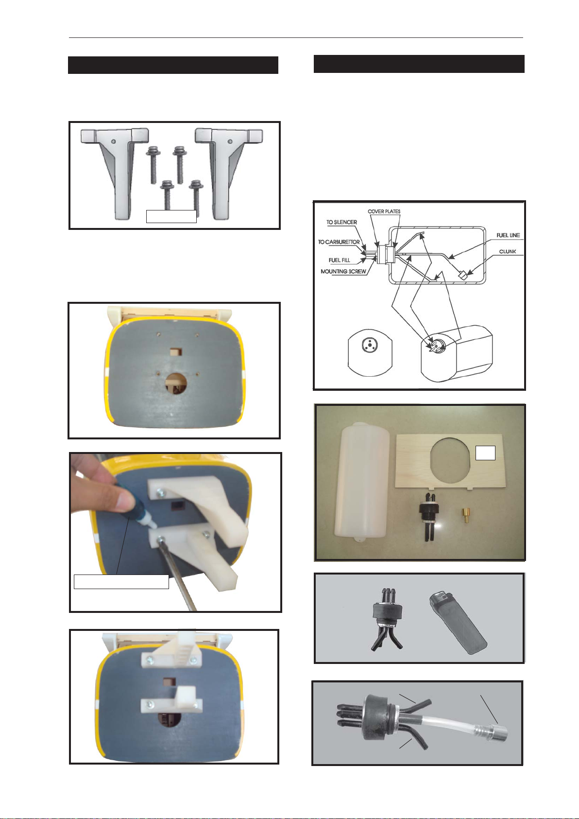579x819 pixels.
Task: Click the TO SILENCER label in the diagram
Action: (341, 222)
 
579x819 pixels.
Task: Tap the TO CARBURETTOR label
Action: (339, 242)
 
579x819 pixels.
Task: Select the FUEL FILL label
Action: (340, 261)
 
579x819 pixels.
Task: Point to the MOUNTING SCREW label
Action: (343, 271)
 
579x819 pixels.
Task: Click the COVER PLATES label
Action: (384, 211)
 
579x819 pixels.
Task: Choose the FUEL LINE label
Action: (508, 235)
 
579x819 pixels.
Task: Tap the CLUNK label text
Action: (508, 252)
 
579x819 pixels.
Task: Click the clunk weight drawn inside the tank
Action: (464, 275)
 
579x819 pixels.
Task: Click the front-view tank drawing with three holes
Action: (370, 355)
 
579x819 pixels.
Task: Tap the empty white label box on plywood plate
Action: (485, 453)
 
